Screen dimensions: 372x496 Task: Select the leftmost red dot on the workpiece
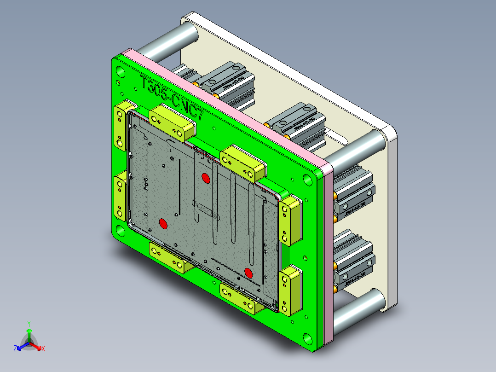pyautogui.click(x=163, y=223)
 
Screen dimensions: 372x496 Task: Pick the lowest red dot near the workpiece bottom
pyautogui.click(x=249, y=273)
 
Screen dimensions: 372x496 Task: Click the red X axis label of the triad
pyautogui.click(x=43, y=349)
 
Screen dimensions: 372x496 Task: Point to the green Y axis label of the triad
pyautogui.click(x=29, y=324)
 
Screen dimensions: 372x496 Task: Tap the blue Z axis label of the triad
pyautogui.click(x=15, y=349)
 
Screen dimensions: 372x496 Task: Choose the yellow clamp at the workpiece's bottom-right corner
pyautogui.click(x=290, y=290)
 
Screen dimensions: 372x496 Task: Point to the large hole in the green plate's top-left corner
pyautogui.click(x=120, y=72)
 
